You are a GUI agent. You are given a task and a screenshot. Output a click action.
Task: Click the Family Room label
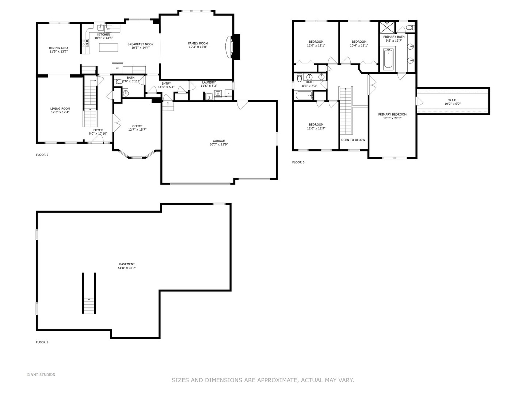(x=198, y=43)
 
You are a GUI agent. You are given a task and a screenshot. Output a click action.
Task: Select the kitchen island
(x=108, y=47)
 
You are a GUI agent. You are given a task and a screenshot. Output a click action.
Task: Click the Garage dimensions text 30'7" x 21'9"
(x=219, y=144)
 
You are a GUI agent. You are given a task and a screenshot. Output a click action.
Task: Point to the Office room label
(x=137, y=126)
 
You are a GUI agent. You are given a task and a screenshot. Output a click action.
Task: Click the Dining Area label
(x=58, y=48)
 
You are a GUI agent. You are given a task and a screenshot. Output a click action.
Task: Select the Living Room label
(x=60, y=109)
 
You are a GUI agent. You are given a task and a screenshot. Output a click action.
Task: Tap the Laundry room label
(x=209, y=82)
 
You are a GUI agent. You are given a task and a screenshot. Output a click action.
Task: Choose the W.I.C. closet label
(x=452, y=100)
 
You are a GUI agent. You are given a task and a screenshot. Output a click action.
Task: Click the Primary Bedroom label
(x=392, y=115)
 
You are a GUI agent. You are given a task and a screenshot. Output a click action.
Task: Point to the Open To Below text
(x=353, y=140)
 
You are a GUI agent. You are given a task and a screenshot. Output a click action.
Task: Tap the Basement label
(x=127, y=264)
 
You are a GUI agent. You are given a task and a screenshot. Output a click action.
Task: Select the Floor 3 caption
(x=298, y=162)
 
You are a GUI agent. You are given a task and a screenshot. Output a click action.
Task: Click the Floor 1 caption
(x=42, y=342)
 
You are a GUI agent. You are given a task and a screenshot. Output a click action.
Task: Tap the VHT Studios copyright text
(x=41, y=375)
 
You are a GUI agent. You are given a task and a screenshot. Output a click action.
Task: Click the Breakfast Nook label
(x=140, y=44)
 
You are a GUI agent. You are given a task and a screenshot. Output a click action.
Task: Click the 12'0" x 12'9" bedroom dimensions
(x=316, y=128)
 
